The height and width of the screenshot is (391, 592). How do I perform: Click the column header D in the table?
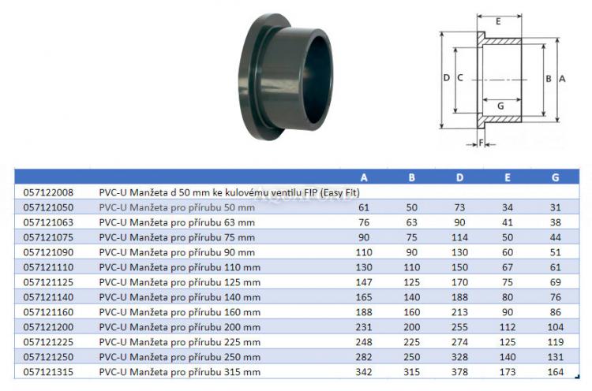point(459,177)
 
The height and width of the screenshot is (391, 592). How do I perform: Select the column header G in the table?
point(556,177)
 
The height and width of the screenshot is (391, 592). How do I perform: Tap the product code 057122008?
point(48,192)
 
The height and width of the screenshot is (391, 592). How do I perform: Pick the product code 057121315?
point(48,372)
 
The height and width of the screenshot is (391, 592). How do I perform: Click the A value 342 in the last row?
point(364,372)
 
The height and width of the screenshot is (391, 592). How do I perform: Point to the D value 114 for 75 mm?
point(459,237)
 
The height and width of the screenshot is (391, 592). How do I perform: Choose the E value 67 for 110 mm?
point(508,267)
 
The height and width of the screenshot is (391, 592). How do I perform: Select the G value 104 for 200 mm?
point(556,327)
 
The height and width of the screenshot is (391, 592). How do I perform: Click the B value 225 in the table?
point(411,342)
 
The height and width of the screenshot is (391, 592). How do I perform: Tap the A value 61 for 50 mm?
point(364,208)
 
